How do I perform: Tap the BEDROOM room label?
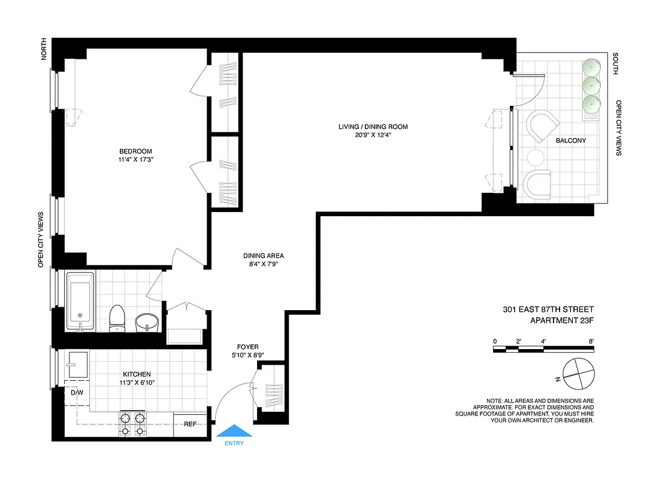click(135, 151)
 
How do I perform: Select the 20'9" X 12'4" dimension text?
click(373, 135)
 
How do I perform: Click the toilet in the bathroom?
click(117, 317)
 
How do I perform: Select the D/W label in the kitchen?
click(77, 393)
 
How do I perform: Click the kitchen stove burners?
click(132, 424)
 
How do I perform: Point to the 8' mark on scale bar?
click(591, 341)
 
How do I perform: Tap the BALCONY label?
click(570, 141)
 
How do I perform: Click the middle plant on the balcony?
click(592, 85)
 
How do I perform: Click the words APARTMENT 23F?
click(562, 320)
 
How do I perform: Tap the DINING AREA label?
click(264, 256)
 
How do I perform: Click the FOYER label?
click(247, 347)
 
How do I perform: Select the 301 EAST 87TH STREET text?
click(548, 310)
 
